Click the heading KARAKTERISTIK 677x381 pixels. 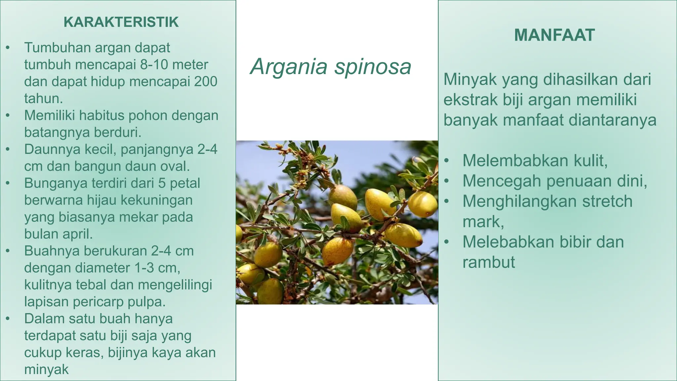(121, 22)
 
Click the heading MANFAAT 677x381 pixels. (554, 35)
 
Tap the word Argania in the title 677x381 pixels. (289, 66)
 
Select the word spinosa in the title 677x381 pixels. (373, 66)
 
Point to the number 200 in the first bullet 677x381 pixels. (206, 81)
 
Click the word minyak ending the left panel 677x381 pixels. (46, 369)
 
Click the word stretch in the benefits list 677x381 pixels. (607, 201)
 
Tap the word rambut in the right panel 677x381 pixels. (489, 262)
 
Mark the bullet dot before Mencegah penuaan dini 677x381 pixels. (447, 181)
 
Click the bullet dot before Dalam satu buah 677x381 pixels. (8, 319)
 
